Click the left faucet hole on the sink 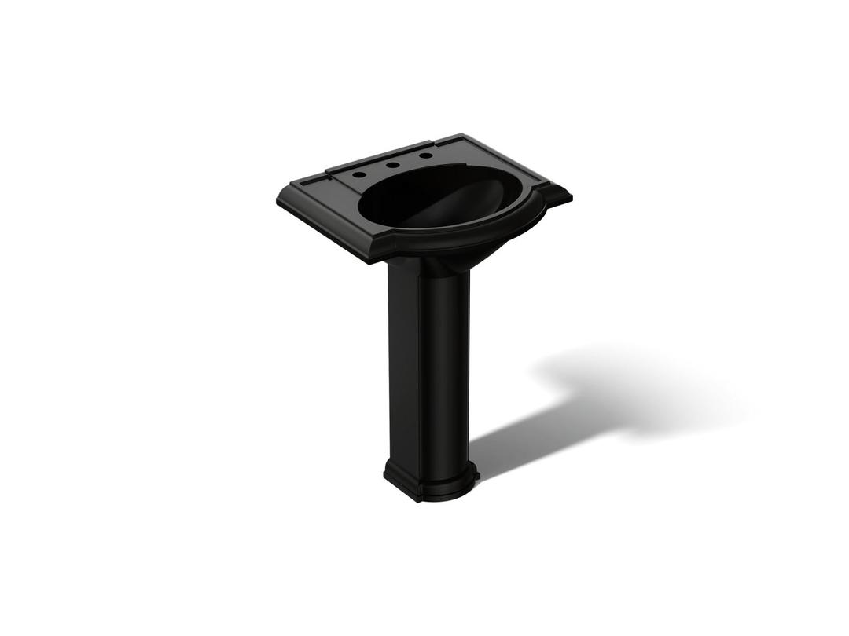click(358, 174)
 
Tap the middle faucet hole click(391, 165)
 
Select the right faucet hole click(425, 155)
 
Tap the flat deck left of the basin click(330, 206)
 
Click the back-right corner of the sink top click(462, 136)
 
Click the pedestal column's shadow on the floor click(511, 440)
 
